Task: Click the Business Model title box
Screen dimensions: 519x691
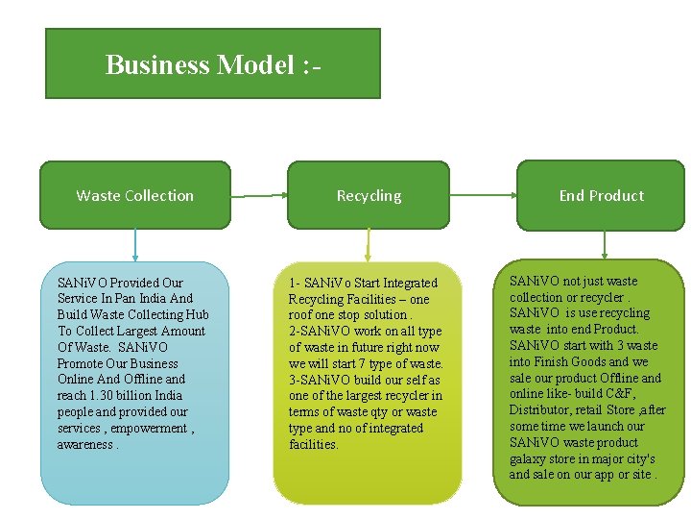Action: click(x=212, y=63)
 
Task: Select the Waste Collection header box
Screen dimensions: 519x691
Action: click(x=134, y=195)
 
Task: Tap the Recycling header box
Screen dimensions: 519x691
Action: click(x=369, y=195)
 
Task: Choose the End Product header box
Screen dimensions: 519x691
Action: click(x=602, y=195)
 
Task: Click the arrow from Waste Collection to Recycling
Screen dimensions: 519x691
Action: click(x=259, y=196)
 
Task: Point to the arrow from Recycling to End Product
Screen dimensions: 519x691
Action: click(x=483, y=196)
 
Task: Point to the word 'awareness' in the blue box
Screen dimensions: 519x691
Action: click(x=84, y=444)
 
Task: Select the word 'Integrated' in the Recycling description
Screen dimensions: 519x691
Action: click(x=410, y=284)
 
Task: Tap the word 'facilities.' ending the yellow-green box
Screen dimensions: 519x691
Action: click(x=314, y=444)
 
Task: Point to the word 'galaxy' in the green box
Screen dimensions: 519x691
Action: click(x=528, y=458)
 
